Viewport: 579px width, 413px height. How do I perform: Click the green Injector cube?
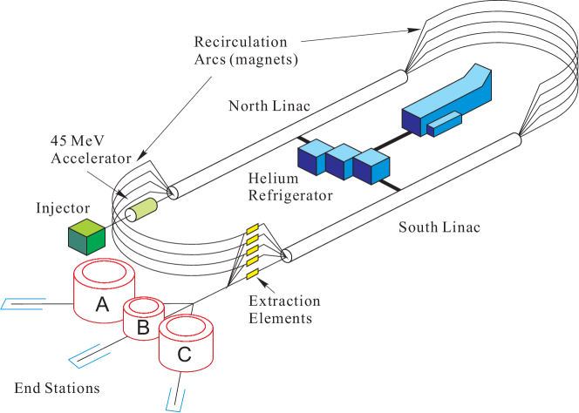click(x=87, y=235)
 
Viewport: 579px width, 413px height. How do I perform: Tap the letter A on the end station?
click(x=102, y=305)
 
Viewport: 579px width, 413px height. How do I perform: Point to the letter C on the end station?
click(x=185, y=354)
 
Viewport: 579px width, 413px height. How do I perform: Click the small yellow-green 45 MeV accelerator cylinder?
click(x=143, y=209)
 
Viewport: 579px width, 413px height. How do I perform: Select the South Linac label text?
click(x=439, y=228)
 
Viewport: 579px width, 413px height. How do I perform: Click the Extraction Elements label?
click(x=283, y=310)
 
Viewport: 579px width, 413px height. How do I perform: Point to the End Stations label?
click(x=57, y=387)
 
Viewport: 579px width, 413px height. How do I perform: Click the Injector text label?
click(x=63, y=209)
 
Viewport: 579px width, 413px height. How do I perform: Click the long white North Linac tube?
click(x=288, y=132)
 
